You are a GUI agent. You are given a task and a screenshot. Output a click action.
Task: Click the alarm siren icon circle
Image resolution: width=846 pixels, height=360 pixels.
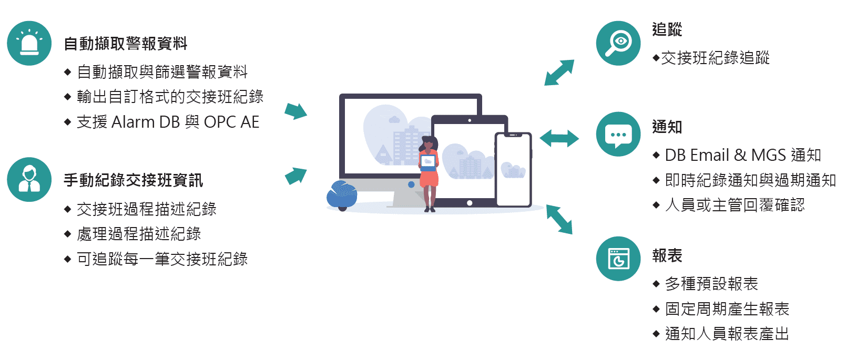point(29,43)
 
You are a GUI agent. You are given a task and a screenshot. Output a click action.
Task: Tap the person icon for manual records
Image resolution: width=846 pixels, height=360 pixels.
point(29,179)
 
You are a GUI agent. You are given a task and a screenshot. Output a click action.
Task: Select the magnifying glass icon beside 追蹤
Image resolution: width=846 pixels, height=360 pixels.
point(618,43)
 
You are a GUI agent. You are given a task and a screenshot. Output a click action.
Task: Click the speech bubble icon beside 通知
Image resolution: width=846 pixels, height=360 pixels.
point(618,134)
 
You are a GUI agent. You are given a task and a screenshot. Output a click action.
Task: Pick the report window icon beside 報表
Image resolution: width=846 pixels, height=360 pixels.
point(618,259)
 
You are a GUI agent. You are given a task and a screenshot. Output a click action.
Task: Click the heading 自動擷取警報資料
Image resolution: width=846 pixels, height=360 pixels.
point(125,44)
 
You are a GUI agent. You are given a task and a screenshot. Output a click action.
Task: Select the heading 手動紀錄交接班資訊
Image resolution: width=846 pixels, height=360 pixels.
point(133,180)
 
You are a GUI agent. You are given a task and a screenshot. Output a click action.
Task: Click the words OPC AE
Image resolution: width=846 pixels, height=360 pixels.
point(231,122)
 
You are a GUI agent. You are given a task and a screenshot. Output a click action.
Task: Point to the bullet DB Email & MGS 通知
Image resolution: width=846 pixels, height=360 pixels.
point(742,155)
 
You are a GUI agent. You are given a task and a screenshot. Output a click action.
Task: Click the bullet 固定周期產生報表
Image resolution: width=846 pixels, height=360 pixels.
point(727,309)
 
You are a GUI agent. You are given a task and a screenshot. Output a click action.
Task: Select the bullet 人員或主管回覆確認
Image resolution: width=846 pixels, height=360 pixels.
point(735,205)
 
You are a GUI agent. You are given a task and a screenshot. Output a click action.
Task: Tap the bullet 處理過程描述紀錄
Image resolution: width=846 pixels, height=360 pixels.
point(139,234)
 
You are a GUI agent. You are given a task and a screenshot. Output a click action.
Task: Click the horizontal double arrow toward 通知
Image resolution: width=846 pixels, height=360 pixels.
point(559,139)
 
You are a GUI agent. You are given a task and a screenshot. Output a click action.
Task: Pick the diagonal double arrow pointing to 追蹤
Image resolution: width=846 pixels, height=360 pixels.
point(559,73)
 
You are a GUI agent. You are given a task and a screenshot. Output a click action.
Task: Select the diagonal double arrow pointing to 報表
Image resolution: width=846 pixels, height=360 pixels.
point(559,219)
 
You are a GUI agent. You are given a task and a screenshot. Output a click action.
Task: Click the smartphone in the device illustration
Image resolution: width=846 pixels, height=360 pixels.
point(513,169)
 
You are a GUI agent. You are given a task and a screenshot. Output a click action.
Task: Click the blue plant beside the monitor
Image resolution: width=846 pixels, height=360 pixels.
point(342,194)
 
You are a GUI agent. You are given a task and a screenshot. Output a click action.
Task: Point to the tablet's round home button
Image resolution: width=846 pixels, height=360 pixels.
point(470,203)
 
